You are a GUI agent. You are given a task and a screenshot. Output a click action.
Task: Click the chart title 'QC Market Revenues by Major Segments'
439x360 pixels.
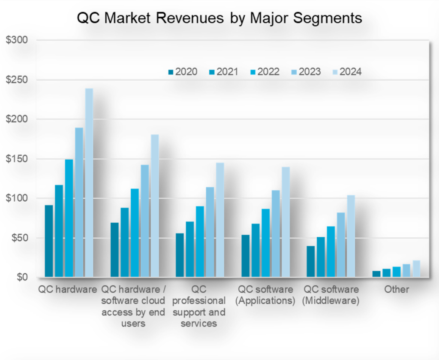[x=219, y=18]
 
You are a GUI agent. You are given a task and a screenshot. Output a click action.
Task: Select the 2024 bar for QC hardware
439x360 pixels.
[x=89, y=182]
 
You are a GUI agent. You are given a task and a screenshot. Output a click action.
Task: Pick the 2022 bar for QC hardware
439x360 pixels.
[x=69, y=218]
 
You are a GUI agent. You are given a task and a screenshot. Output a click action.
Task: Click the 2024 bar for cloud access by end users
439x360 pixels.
[x=155, y=206]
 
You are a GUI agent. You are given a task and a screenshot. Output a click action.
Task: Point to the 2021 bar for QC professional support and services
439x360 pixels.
[x=190, y=249]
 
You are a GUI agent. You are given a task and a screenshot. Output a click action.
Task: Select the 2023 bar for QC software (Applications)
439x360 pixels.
[x=276, y=233]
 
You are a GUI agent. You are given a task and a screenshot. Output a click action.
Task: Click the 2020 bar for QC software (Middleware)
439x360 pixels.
[x=310, y=261]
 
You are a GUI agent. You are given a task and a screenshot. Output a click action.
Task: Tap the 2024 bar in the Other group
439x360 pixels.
[x=416, y=269]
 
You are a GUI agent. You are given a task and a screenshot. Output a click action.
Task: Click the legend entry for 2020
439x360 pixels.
[x=183, y=72]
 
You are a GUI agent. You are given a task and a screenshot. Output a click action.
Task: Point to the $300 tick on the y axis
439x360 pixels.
[x=16, y=40]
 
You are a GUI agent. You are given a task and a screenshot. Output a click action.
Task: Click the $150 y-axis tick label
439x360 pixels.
[x=16, y=159]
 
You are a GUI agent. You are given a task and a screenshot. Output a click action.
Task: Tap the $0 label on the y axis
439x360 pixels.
[x=20, y=277]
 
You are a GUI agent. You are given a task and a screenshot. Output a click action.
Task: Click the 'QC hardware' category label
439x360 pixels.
[x=68, y=289]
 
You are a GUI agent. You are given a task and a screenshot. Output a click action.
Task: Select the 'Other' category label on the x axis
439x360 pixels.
[x=397, y=289]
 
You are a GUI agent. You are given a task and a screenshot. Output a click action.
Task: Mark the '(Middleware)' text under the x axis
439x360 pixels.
[x=330, y=300]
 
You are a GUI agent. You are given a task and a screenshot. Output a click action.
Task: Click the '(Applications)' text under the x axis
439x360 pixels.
[x=265, y=300]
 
